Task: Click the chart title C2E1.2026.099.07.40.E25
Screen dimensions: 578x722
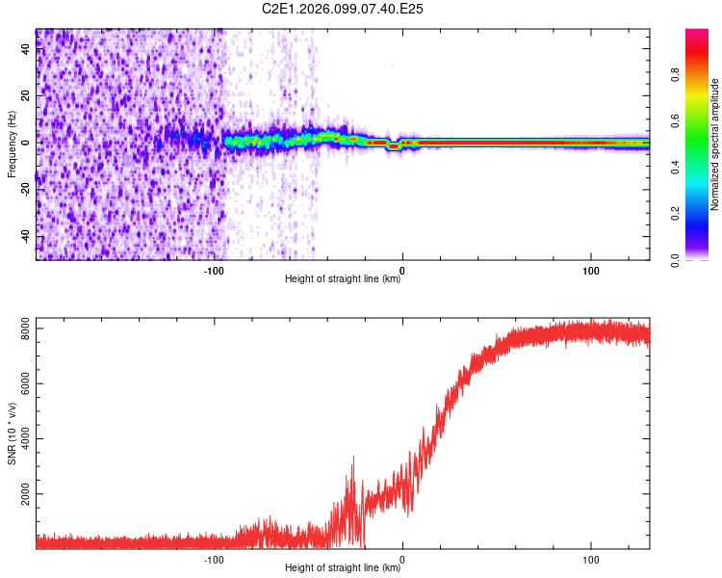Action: (x=344, y=9)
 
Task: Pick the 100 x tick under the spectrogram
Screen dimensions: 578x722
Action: (x=590, y=270)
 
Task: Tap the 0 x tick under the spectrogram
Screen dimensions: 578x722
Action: (x=402, y=270)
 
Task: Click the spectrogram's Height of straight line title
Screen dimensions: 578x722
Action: (x=343, y=279)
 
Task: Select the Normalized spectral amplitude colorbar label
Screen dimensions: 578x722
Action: (x=715, y=144)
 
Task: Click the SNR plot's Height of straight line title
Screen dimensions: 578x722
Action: (x=343, y=568)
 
